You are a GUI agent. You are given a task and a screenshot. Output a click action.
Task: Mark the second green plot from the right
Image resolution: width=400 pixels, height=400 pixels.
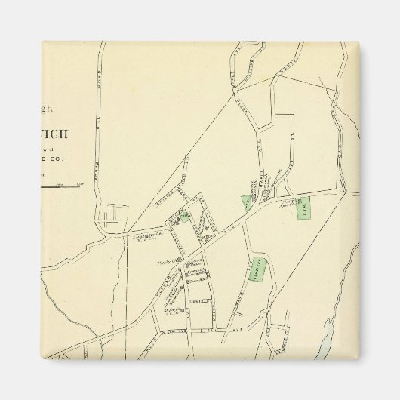245,203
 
